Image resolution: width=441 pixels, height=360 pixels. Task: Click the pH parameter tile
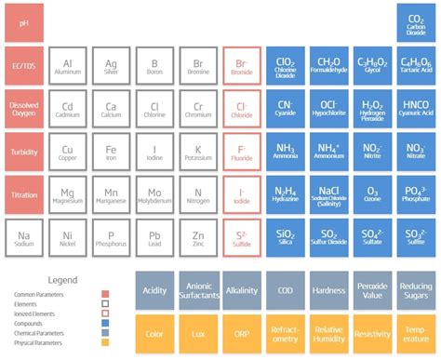(x=24, y=20)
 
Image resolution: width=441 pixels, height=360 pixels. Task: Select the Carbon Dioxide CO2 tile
(x=416, y=20)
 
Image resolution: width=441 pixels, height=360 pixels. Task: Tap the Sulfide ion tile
(x=242, y=237)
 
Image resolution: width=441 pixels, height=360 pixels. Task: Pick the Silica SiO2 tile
(x=286, y=237)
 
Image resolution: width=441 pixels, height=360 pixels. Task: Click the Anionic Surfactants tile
(x=198, y=290)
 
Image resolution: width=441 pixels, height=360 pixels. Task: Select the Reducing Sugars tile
(x=416, y=290)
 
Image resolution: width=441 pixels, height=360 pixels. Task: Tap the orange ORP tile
(x=242, y=333)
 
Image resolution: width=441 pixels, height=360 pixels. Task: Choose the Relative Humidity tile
(x=329, y=333)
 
